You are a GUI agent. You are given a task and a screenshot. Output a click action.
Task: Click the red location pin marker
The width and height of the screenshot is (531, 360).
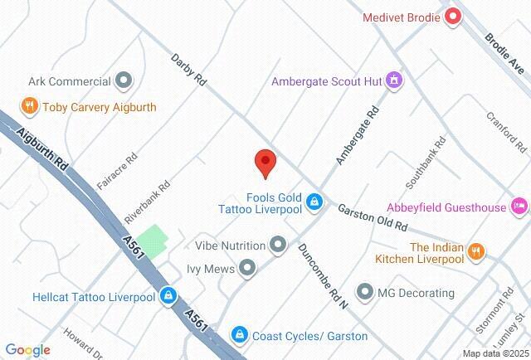(x=265, y=163)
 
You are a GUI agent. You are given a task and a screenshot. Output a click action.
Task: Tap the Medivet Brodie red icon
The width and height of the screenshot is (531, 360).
(x=453, y=17)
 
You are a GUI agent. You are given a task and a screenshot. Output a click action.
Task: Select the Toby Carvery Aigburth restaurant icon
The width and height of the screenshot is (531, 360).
(x=30, y=106)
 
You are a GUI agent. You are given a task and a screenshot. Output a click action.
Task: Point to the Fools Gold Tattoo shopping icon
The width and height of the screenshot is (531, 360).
(x=314, y=202)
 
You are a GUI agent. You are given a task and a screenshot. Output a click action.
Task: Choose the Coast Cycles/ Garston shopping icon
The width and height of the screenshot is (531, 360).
(x=240, y=334)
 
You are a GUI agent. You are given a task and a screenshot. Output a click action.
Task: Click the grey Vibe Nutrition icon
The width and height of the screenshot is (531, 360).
(x=278, y=245)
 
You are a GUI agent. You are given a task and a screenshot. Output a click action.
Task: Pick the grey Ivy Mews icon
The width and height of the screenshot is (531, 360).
(x=246, y=267)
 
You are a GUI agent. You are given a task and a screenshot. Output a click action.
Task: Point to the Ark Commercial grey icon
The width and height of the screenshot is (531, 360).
(x=124, y=81)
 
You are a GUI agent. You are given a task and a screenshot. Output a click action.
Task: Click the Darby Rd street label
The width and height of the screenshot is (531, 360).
(x=188, y=70)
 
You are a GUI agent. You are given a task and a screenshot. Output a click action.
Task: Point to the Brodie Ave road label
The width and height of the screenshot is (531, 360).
(x=509, y=52)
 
